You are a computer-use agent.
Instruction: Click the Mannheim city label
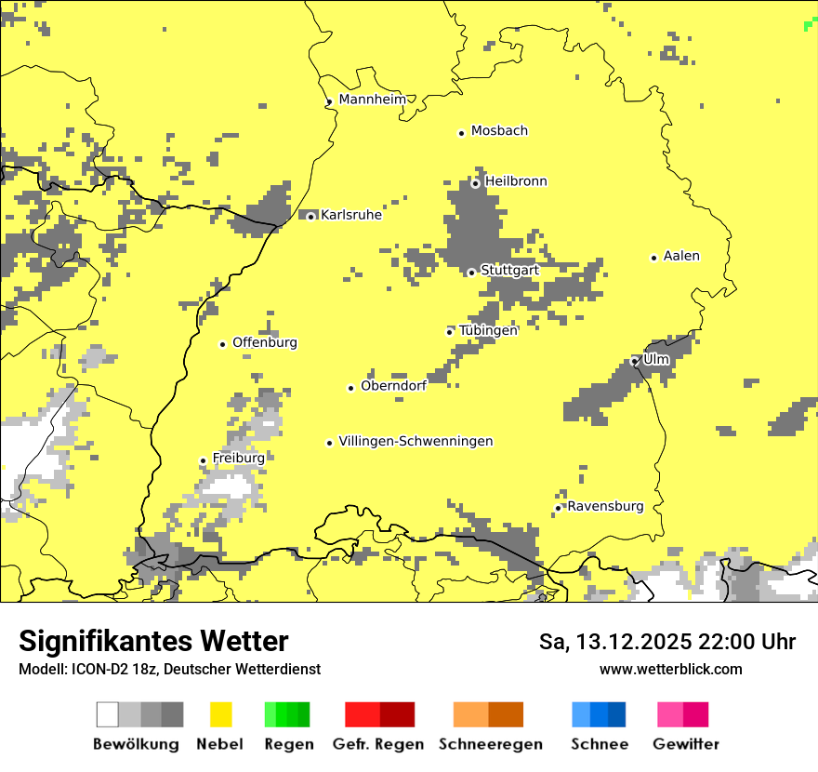[372, 100]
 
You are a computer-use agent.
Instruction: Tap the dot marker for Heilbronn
[475, 183]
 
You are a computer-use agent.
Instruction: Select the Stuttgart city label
[509, 271]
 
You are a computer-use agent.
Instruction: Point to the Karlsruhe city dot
[311, 217]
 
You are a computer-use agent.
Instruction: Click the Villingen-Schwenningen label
[416, 442]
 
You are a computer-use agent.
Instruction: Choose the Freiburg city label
[238, 459]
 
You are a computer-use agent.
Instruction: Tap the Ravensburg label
[605, 507]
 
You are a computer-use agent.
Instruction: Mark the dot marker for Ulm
[635, 361]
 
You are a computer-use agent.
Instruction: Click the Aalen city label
[681, 256]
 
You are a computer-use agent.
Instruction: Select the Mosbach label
[499, 131]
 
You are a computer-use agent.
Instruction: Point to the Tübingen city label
[488, 330]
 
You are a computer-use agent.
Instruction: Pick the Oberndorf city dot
[350, 388]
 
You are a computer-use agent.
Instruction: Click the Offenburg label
[265, 342]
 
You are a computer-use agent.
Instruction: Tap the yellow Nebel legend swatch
[220, 714]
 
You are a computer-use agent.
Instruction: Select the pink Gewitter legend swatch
[669, 714]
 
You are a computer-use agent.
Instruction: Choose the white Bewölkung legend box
[108, 714]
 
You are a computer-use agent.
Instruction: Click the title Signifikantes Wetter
[153, 642]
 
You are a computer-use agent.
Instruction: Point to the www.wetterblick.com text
[670, 669]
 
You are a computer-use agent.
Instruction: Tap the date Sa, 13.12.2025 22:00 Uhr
[667, 642]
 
